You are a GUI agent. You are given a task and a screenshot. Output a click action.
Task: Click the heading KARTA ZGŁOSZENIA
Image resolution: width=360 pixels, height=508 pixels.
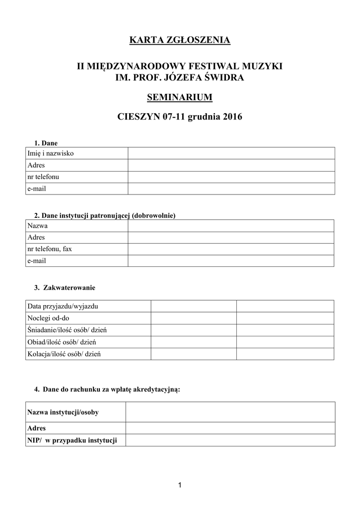[x=180, y=40]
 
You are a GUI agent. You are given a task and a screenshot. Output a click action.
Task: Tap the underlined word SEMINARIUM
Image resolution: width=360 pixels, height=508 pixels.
[x=180, y=97]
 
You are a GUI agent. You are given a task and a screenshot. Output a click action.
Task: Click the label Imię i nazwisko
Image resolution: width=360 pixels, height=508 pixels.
[x=51, y=153]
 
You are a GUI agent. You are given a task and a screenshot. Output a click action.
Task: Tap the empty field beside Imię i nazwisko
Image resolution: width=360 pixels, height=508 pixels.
[x=231, y=153]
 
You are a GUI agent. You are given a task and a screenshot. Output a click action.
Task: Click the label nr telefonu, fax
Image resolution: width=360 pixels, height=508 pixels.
[x=50, y=249]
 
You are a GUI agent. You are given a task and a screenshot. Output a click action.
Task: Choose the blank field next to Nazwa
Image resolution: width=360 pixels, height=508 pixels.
[x=231, y=226]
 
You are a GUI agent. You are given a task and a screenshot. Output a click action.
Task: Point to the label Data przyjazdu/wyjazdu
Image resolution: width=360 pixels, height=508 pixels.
[x=63, y=307]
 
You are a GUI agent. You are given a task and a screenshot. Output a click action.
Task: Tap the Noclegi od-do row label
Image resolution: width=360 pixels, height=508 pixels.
[x=48, y=318]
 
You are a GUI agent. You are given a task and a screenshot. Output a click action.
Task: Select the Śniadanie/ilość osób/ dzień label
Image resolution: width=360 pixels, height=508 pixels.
[x=68, y=330]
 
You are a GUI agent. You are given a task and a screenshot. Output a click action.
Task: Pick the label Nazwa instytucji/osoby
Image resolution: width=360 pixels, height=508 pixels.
[x=63, y=412]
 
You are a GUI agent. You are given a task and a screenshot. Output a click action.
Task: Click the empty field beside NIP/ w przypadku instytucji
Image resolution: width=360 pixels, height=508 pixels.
[x=230, y=441]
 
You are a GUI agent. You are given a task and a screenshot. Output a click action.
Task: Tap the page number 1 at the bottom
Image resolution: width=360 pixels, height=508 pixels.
[x=180, y=485]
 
